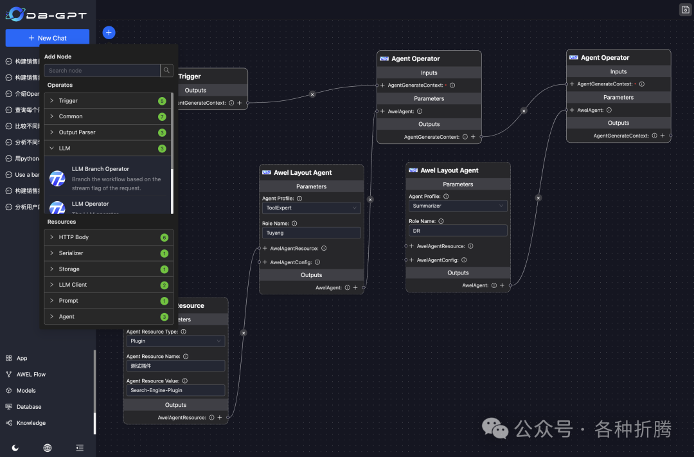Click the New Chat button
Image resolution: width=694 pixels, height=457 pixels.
[x=48, y=38]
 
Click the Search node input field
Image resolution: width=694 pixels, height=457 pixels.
[x=102, y=71]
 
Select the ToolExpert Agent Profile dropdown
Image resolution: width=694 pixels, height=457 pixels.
[x=312, y=208]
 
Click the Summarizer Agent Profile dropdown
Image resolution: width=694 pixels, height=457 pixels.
[x=458, y=206]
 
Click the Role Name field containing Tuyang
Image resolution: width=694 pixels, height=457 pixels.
[x=312, y=233]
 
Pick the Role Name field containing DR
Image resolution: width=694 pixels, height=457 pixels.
[x=458, y=231]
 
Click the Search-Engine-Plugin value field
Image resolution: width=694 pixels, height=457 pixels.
[x=175, y=390]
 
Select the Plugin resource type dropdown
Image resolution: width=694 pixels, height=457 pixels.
[x=175, y=341]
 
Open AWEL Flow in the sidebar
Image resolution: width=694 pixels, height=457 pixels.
[x=31, y=375]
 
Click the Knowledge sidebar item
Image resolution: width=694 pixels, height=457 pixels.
[x=31, y=423]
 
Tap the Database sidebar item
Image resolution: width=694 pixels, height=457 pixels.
[x=29, y=407]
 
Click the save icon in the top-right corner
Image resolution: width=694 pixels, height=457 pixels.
[x=685, y=9]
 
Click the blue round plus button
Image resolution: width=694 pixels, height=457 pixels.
[x=109, y=33]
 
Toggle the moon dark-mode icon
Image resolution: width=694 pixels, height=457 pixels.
[x=15, y=447]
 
